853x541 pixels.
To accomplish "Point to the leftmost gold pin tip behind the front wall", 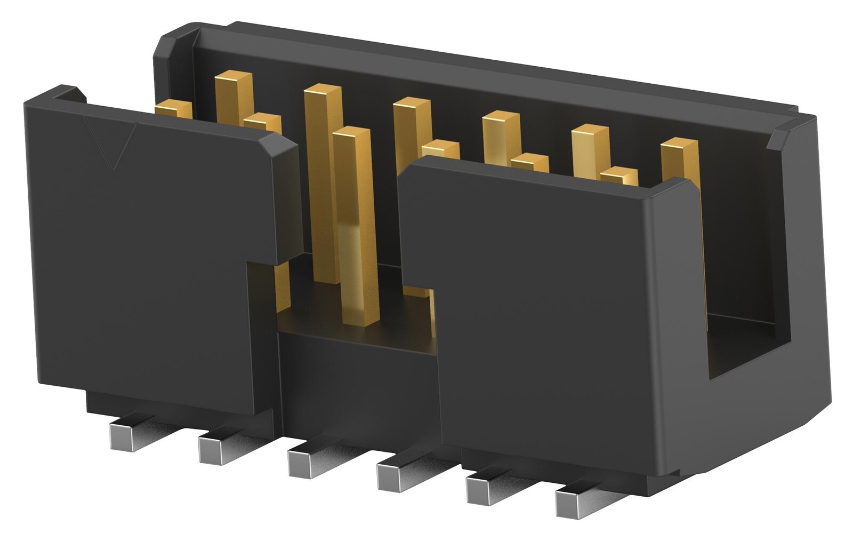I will pyautogui.click(x=174, y=108).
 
